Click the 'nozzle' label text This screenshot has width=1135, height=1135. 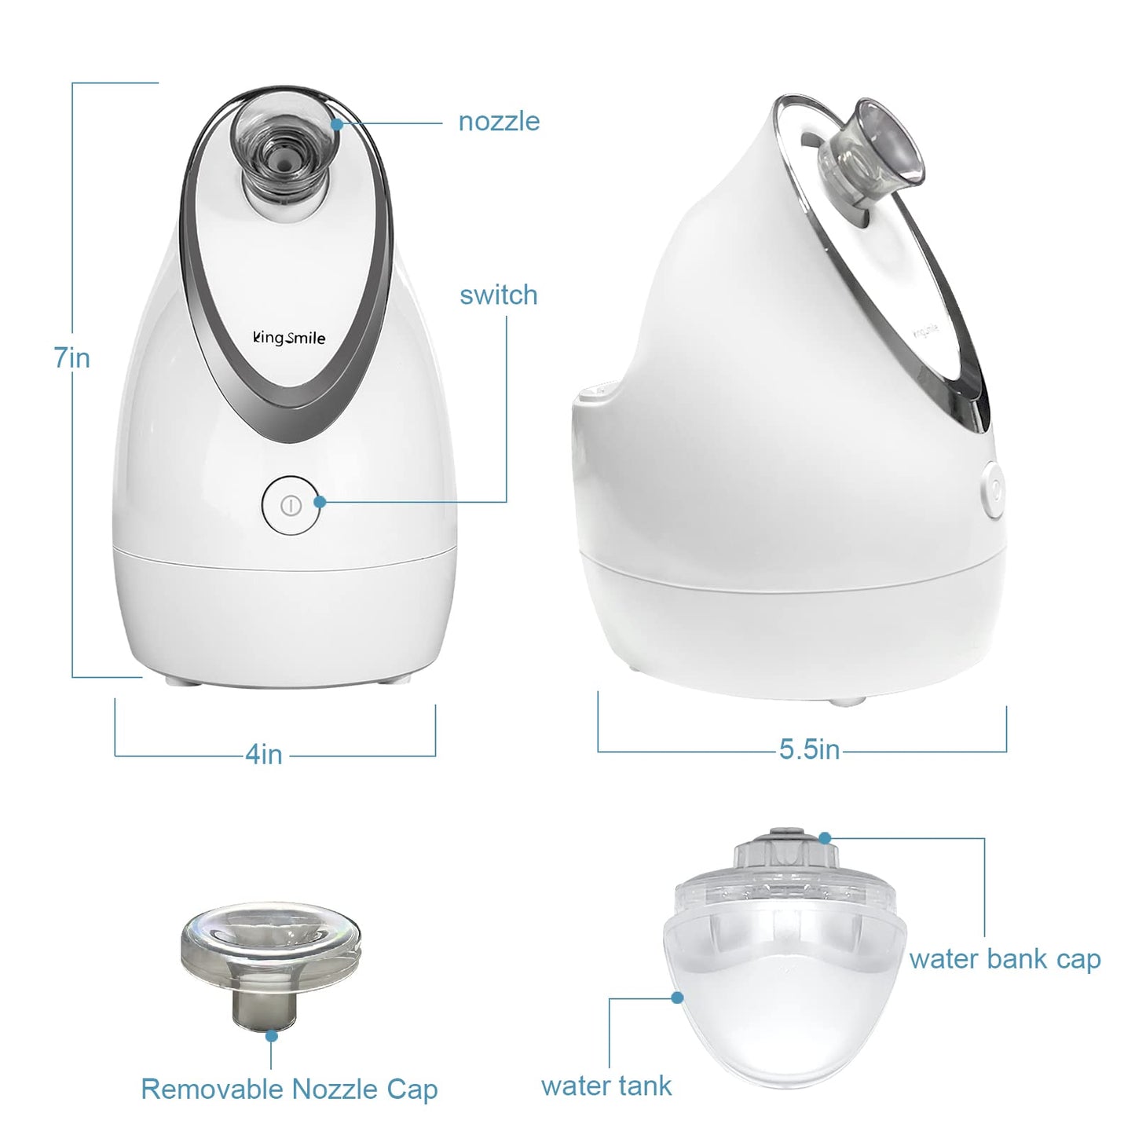coord(499,122)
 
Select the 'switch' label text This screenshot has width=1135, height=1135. coord(499,295)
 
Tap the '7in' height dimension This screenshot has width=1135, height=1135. coord(72,358)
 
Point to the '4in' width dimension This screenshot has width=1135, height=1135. coord(264,754)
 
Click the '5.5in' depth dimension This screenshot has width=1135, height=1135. coord(809,749)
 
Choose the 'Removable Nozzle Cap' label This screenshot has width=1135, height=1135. coord(289,1089)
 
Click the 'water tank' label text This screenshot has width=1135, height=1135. coord(606,1086)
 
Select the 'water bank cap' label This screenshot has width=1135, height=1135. coord(1005,959)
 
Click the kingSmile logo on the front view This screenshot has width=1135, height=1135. coord(289,339)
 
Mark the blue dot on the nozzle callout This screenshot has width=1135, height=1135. coord(336,123)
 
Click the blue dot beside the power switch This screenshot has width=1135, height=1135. coord(320,502)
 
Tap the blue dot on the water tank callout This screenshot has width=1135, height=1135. coord(677,998)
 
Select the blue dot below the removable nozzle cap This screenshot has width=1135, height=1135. coord(271,1036)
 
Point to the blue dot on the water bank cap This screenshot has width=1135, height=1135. coord(825,838)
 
